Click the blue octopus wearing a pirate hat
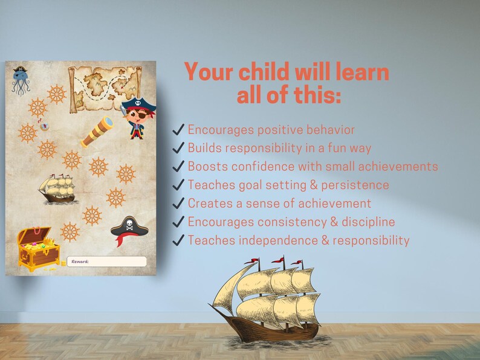coord(20,81)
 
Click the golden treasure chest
coord(37,248)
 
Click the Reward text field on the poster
coord(107,262)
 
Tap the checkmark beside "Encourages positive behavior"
coord(178,130)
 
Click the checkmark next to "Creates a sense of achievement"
coord(178,204)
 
